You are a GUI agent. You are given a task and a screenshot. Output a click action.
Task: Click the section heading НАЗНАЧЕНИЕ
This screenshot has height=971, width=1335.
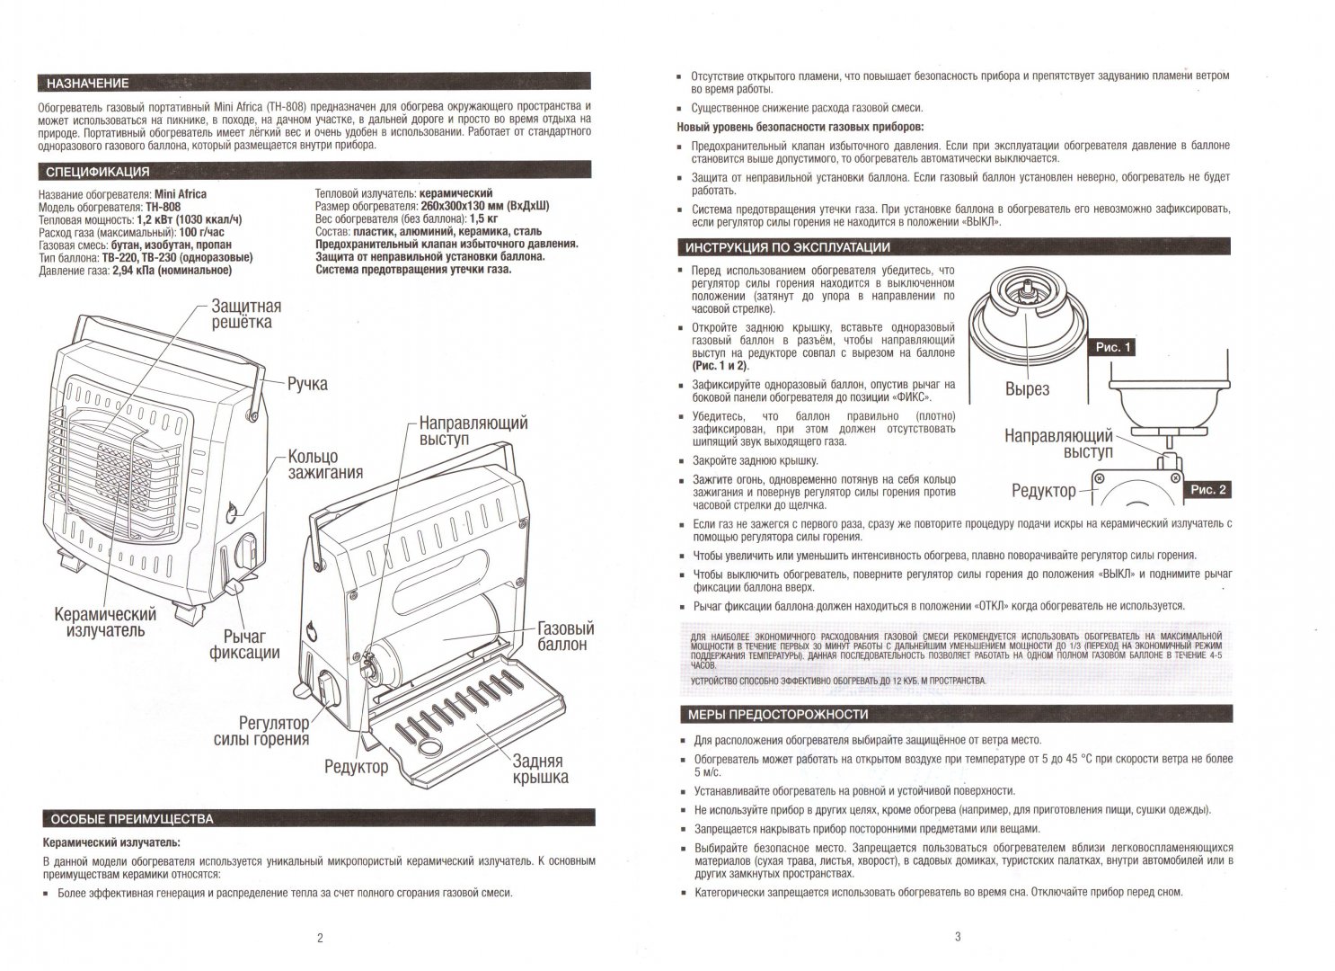pyautogui.click(x=88, y=83)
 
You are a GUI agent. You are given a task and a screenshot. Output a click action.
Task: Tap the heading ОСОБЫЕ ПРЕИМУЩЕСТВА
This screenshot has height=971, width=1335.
pyautogui.click(x=132, y=819)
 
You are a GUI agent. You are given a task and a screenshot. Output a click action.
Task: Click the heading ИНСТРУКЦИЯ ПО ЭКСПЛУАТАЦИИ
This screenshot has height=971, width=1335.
pyautogui.click(x=788, y=247)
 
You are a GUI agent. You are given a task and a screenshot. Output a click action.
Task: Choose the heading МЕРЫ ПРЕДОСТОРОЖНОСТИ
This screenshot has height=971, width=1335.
pyautogui.click(x=778, y=715)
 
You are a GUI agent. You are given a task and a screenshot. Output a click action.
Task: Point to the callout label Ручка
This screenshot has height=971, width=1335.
pyautogui.click(x=307, y=384)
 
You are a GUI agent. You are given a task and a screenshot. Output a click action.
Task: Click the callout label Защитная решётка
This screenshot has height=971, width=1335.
pyautogui.click(x=246, y=315)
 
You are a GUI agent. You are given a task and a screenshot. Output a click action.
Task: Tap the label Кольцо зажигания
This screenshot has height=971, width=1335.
pyautogui.click(x=325, y=465)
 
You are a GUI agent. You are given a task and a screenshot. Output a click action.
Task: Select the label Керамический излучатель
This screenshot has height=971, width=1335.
pyautogui.click(x=105, y=622)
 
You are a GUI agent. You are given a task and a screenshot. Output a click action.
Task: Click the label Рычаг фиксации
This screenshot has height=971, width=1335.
pyautogui.click(x=244, y=644)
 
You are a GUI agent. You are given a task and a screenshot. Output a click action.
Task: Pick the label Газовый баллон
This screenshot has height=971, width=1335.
pyautogui.click(x=566, y=637)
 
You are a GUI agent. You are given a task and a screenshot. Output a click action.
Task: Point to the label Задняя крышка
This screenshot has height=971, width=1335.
pyautogui.click(x=540, y=770)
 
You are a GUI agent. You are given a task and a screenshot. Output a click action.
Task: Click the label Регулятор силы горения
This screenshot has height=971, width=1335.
pyautogui.click(x=261, y=731)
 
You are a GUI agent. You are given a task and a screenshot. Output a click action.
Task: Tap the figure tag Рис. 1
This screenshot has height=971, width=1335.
pyautogui.click(x=1113, y=347)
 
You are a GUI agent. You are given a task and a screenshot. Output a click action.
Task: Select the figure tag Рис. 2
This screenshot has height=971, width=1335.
pyautogui.click(x=1208, y=490)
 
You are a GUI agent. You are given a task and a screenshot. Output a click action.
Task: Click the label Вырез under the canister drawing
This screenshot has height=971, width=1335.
pyautogui.click(x=1028, y=389)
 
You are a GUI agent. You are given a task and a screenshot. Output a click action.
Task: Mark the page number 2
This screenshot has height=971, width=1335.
pyautogui.click(x=320, y=939)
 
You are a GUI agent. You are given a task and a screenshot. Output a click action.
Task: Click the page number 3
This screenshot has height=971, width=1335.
pyautogui.click(x=958, y=937)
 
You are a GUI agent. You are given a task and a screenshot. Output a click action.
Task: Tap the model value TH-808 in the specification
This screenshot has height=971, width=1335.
pyautogui.click(x=163, y=207)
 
